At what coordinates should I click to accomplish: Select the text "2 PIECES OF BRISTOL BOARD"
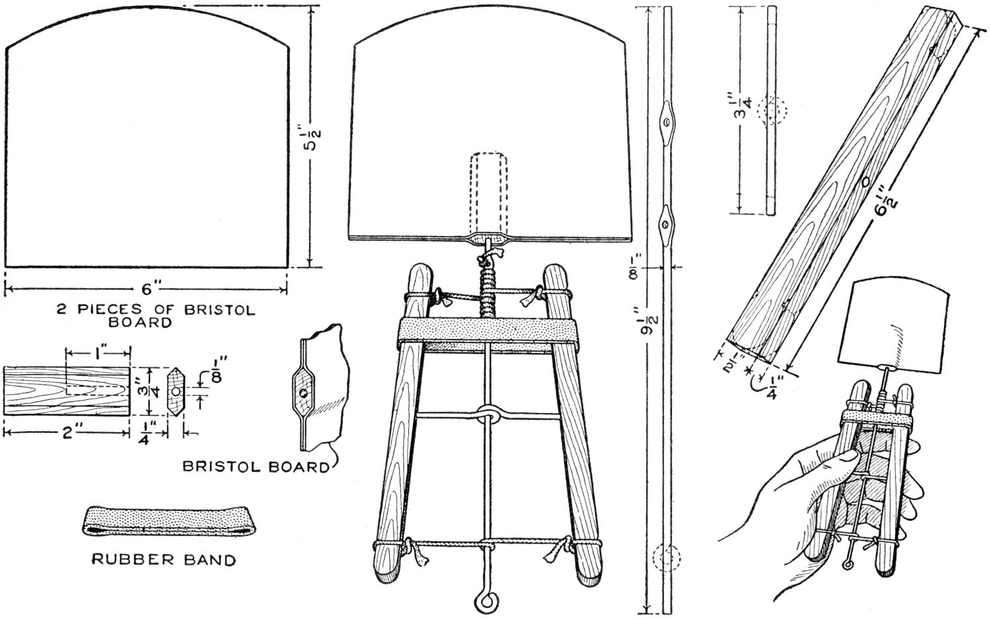[x=155, y=316]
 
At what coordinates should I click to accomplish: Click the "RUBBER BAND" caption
[x=163, y=561]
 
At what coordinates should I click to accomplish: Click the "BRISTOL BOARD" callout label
[x=256, y=467]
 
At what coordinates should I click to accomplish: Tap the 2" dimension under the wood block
[x=66, y=433]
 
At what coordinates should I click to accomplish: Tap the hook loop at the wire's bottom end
[x=484, y=601]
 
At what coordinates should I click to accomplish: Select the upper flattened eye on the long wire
[x=667, y=123]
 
